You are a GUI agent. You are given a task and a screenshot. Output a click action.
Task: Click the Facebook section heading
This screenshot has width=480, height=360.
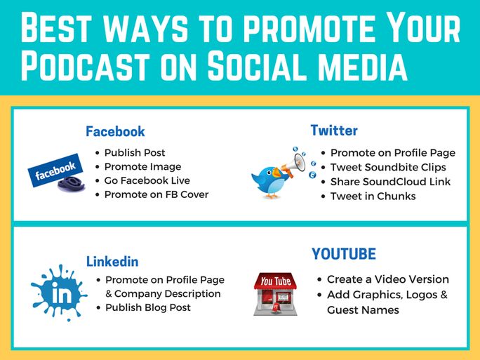[115, 131]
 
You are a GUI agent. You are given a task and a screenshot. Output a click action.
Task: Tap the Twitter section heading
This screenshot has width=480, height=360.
[334, 131]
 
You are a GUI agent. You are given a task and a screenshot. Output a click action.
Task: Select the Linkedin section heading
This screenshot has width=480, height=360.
[112, 262]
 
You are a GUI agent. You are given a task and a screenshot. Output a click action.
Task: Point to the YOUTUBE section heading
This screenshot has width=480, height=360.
[344, 254]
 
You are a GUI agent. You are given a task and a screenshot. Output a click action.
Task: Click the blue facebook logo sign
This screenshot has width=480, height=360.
[55, 170]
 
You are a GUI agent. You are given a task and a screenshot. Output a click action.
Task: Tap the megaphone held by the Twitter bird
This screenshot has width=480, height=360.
[295, 164]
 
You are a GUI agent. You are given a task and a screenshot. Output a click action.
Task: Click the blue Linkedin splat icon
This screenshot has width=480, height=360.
[59, 293]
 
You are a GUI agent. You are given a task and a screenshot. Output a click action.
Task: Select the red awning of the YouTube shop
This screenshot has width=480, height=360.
[275, 281]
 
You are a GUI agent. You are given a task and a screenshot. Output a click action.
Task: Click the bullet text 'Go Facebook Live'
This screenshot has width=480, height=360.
[147, 180]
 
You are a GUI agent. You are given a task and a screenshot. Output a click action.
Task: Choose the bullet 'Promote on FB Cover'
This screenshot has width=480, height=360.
[156, 194]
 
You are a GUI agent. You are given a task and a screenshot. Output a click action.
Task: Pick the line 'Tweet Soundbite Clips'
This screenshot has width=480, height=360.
[388, 167]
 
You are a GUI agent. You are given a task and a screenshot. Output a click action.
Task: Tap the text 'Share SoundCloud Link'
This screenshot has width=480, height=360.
[390, 182]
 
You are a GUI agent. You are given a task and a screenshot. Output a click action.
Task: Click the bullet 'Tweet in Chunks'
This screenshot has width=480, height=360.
[373, 196]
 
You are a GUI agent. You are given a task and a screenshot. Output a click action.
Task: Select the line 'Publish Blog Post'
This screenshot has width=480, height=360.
[148, 307]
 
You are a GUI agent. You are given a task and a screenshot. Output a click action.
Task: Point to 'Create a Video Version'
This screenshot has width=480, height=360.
[388, 279]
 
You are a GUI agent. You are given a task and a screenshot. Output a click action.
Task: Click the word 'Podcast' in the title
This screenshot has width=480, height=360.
[85, 65]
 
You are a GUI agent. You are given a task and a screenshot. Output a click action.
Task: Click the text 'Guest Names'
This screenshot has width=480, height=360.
[363, 309]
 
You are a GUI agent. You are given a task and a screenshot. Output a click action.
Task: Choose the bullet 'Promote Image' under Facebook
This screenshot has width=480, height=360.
[142, 167]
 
